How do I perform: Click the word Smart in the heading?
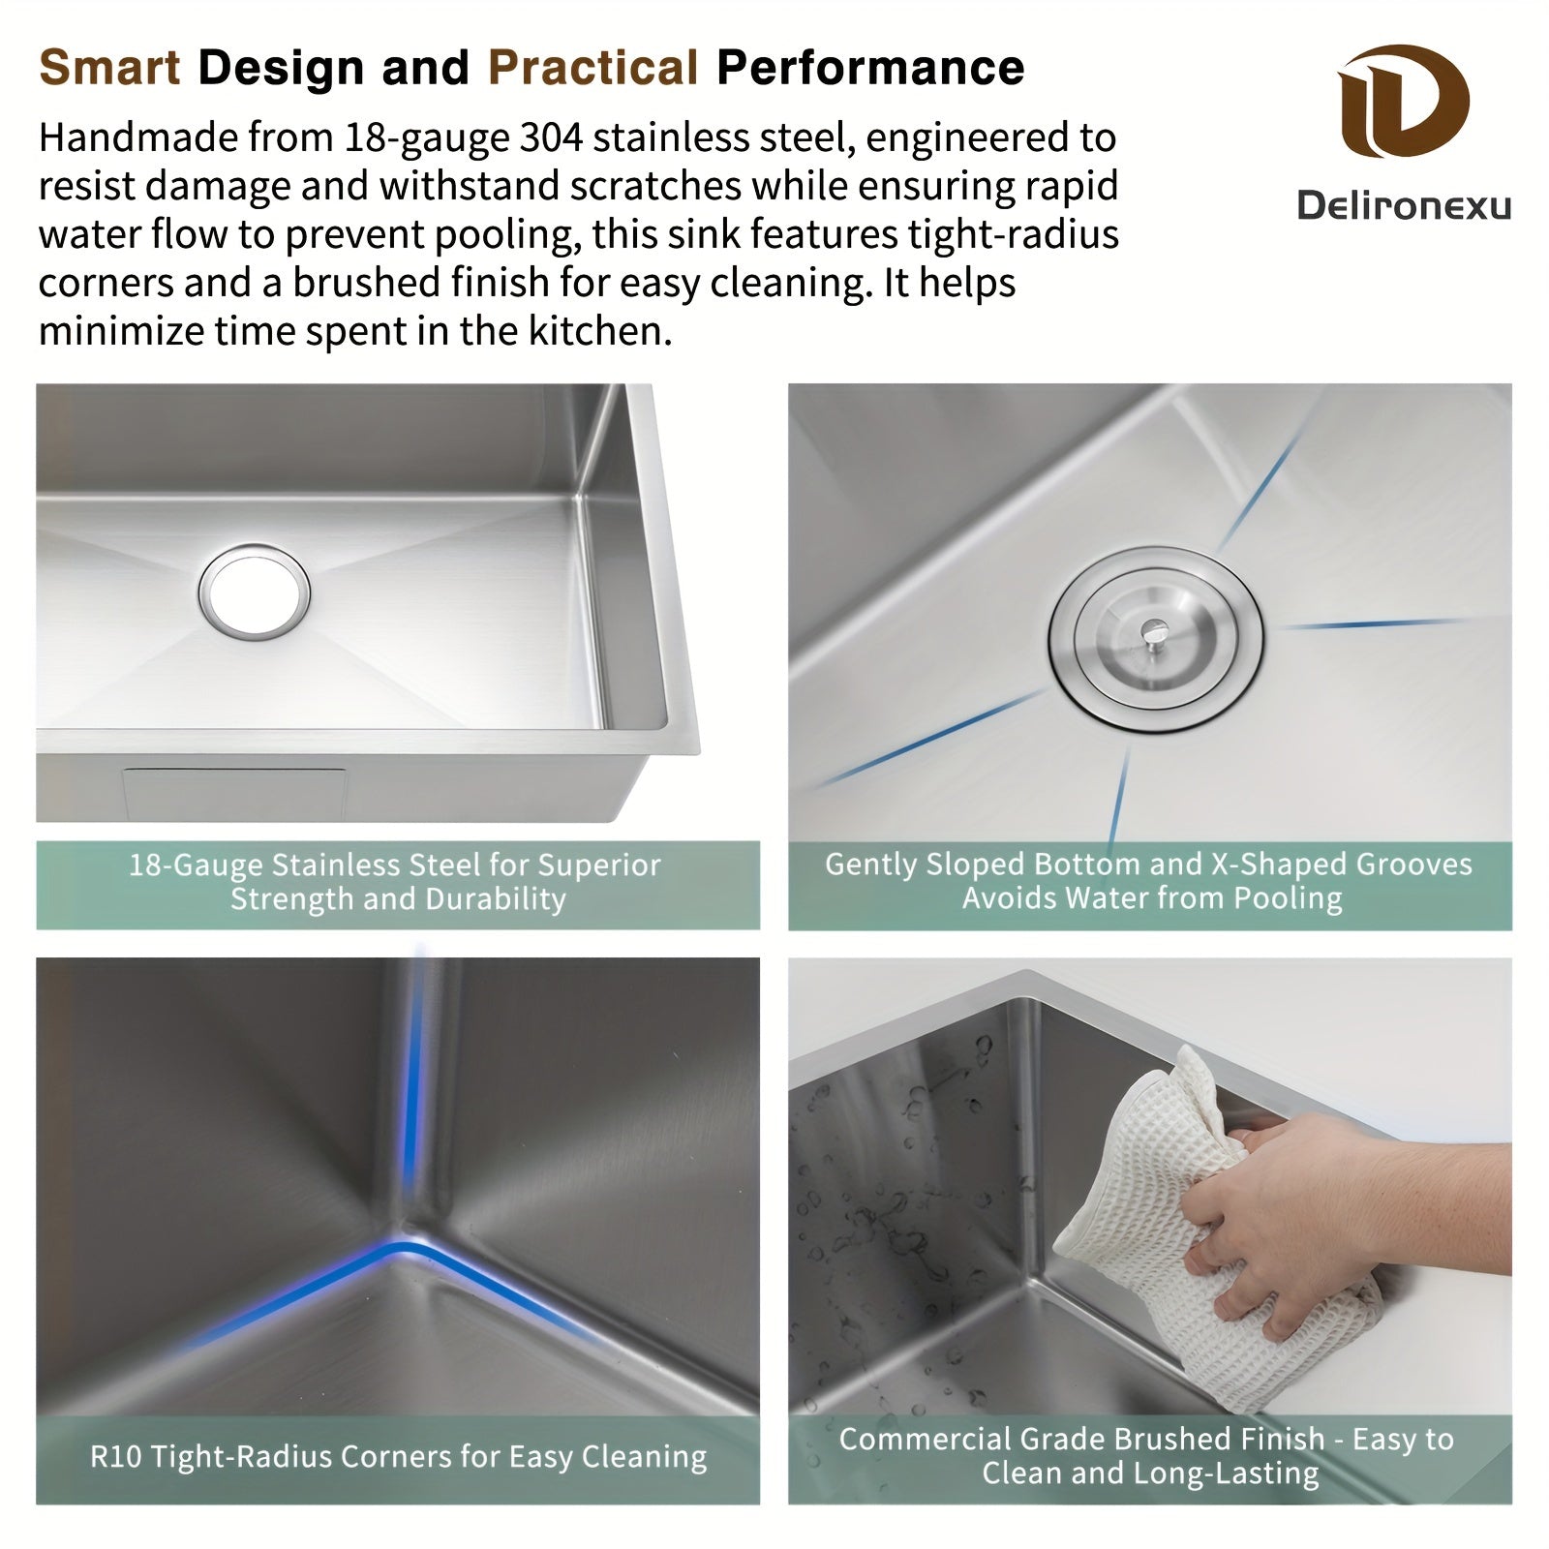coord(109,68)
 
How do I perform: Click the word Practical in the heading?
coord(592,68)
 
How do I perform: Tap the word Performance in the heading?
coord(870,68)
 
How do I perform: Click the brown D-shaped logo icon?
coord(1404,102)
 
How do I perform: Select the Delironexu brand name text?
coord(1404,205)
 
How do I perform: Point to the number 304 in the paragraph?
coord(551,138)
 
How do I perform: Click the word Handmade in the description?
coord(137,138)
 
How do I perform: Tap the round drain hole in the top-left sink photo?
coord(255,591)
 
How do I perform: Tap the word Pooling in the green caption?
coord(1287,899)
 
